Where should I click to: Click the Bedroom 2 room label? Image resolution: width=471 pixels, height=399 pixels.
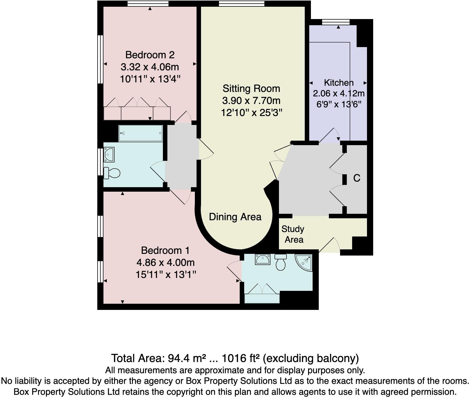coord(150,55)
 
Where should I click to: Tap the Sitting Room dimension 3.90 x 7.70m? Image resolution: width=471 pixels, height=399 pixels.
coord(251,101)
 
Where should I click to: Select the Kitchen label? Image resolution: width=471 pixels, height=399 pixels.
coord(339,83)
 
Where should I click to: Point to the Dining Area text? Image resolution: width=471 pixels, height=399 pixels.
coord(235,217)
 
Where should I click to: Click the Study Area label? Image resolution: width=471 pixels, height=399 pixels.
coord(293,234)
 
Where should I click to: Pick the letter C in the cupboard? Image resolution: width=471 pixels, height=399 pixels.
coord(357,178)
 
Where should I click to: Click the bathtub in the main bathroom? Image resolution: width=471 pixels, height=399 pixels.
coord(141,133)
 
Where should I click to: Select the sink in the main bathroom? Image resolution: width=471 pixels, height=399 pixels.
coord(109,155)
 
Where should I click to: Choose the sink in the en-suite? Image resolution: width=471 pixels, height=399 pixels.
coord(262,259)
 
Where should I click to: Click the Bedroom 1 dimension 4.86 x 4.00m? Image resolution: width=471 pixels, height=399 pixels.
coord(165,263)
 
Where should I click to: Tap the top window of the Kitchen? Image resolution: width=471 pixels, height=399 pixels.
coord(336,22)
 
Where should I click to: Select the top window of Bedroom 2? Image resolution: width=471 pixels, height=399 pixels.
coord(148,3)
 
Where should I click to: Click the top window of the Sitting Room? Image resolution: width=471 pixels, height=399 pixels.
coord(241,3)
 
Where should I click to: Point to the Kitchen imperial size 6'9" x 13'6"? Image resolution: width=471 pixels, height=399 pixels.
coord(339,105)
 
